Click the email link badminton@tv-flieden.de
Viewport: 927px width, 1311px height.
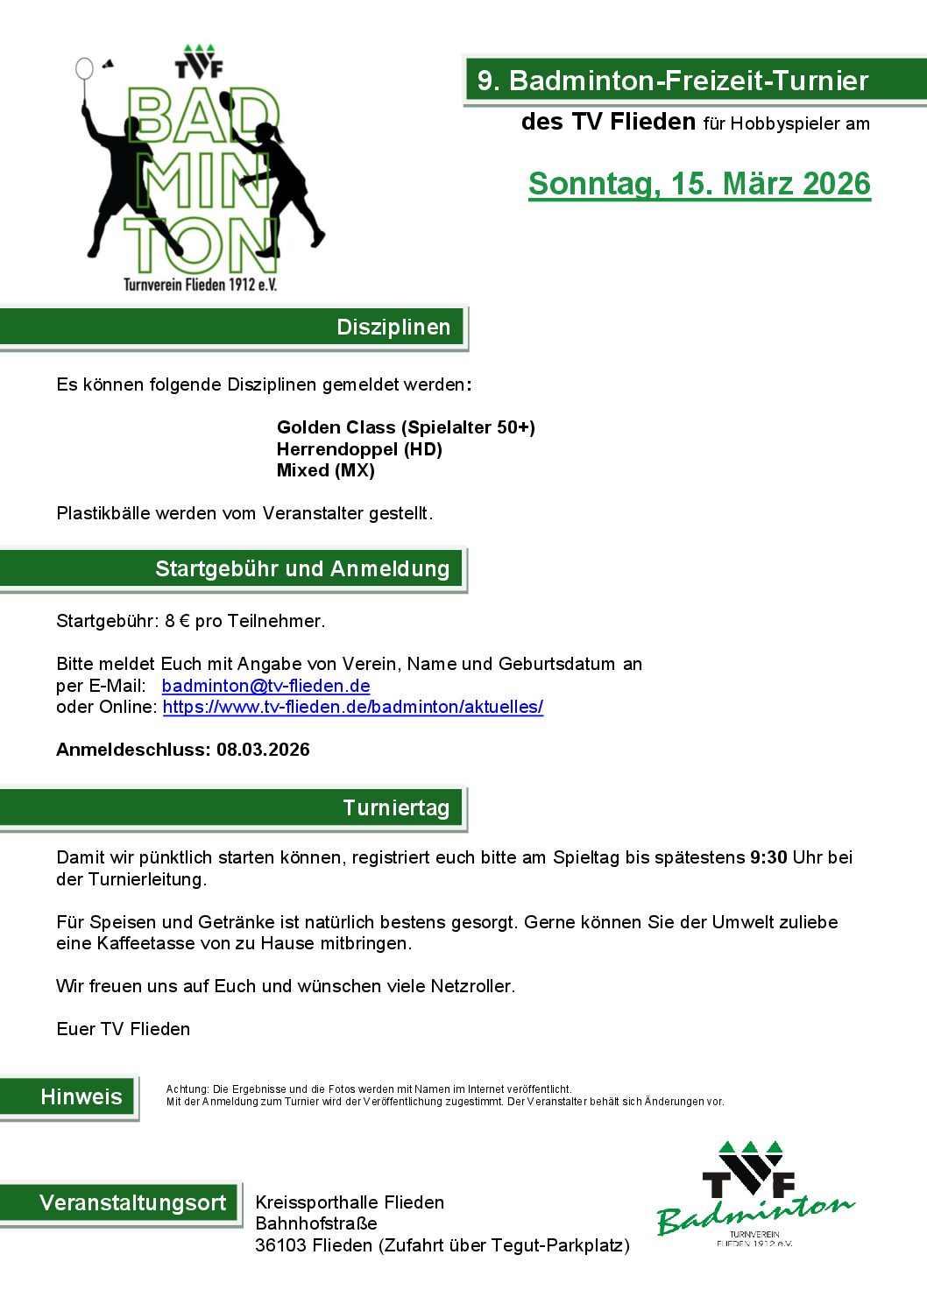265,686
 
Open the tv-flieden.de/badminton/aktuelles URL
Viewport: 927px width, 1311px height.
352,707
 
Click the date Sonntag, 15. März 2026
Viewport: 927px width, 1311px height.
699,184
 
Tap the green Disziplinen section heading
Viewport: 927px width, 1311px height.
393,328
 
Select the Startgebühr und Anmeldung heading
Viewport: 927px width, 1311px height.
301,569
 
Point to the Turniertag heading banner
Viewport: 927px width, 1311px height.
395,807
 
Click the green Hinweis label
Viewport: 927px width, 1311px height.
81,1096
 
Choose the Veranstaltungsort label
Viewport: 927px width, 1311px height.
132,1202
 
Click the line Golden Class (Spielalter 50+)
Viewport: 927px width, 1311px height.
406,427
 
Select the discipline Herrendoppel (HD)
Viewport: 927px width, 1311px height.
359,449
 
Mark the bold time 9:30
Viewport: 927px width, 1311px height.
768,857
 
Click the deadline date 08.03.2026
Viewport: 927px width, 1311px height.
263,750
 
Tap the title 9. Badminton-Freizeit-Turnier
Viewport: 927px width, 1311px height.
672,81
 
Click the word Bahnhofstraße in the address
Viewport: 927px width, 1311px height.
316,1223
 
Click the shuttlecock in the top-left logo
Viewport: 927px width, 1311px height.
108,65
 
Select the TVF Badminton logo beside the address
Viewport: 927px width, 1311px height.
754,1194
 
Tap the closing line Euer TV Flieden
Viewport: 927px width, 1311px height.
123,1029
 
